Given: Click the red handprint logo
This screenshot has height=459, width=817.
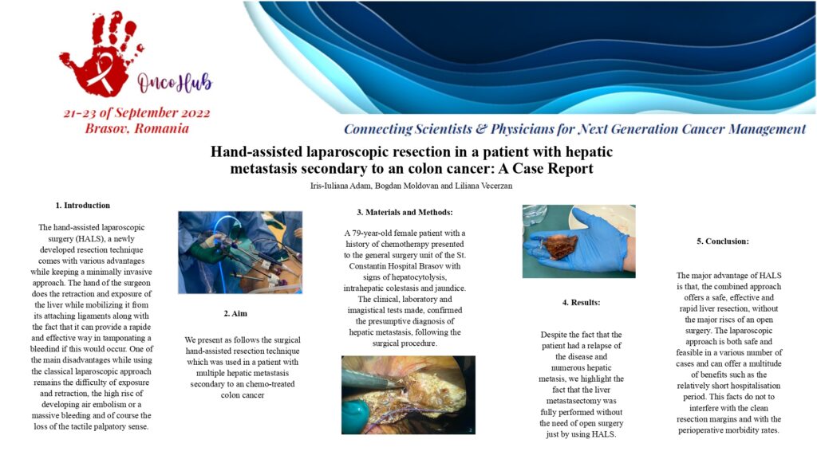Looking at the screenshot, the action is (99, 57).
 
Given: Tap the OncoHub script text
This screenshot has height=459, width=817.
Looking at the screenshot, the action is (175, 82).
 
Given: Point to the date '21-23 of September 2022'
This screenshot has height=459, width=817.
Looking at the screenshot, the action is (137, 113).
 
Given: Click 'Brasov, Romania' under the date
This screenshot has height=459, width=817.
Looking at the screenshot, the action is (137, 128).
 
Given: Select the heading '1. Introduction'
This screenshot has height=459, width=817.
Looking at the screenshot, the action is (83, 206).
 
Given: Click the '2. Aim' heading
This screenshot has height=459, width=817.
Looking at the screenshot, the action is (235, 314).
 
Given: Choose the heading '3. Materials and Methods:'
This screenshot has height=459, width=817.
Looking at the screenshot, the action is (405, 212).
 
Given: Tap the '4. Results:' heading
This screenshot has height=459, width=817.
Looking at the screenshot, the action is (581, 302).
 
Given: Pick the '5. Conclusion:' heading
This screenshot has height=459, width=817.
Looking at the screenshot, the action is (723, 241).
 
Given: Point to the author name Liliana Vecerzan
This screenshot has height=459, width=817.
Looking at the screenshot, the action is (484, 186).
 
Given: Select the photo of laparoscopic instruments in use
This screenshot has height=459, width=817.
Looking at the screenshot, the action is (240, 253).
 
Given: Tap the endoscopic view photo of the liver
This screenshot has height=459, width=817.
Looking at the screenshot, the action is (408, 395).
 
